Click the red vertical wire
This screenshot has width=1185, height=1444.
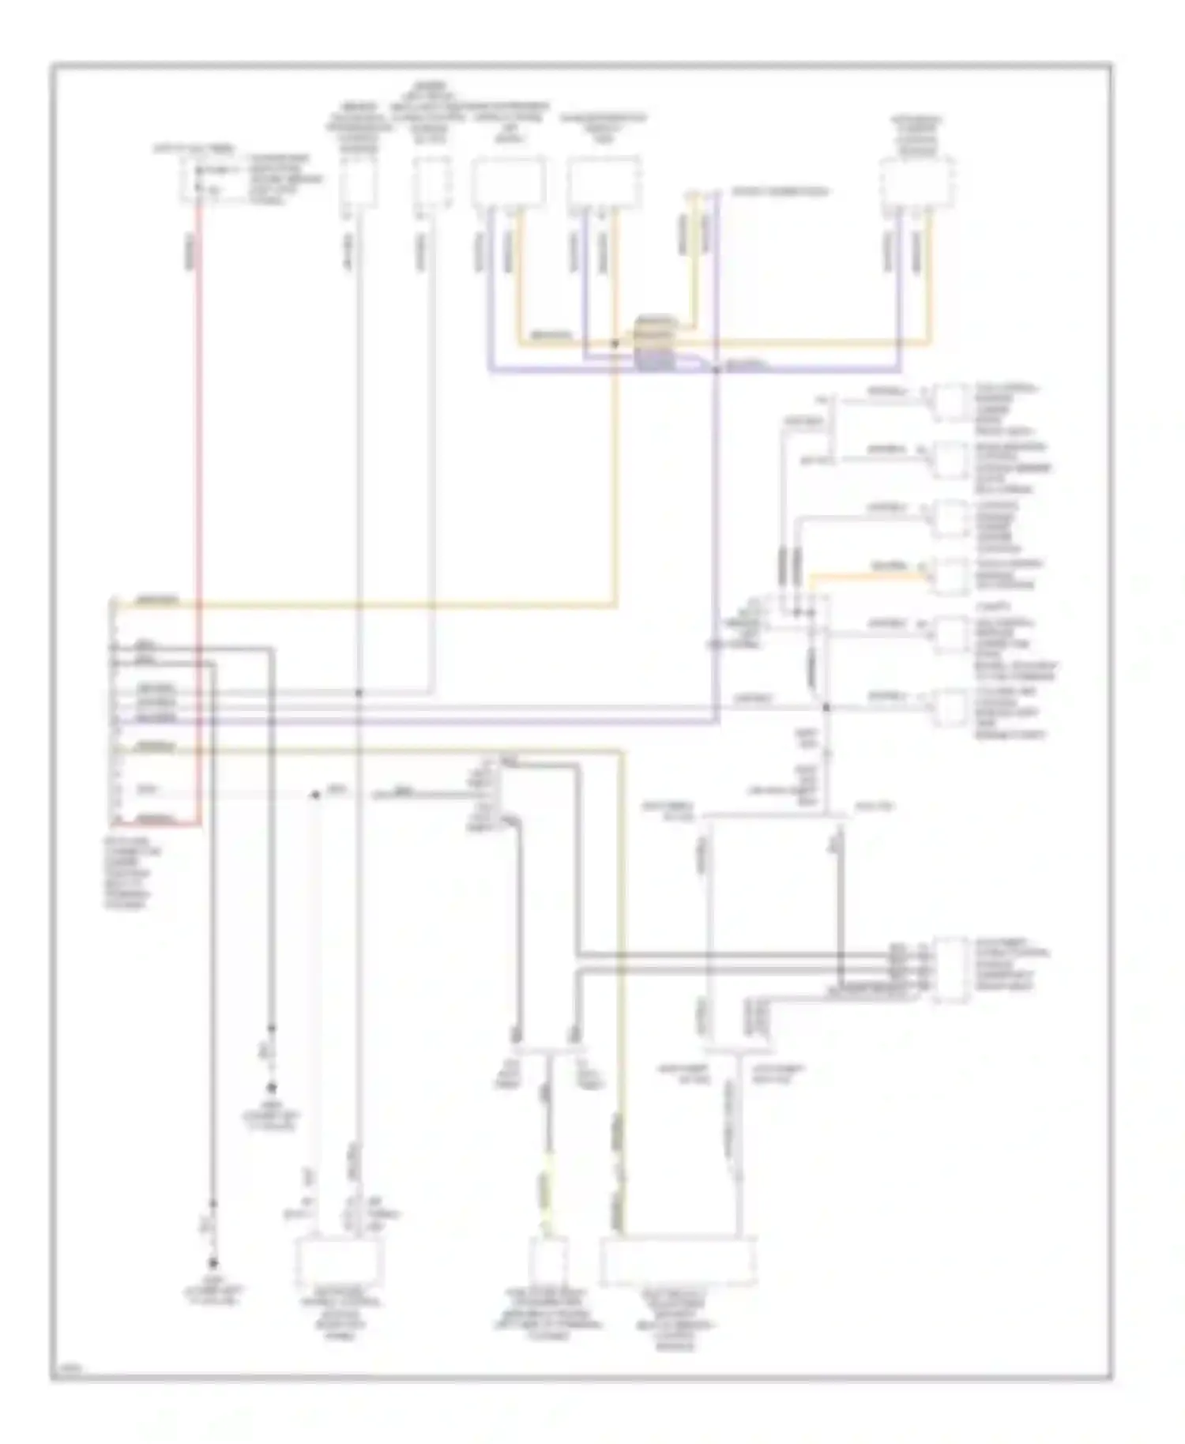pyautogui.click(x=198, y=513)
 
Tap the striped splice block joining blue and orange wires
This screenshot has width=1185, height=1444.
pyautogui.click(x=655, y=345)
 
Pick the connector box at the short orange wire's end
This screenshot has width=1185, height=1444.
pyautogui.click(x=950, y=575)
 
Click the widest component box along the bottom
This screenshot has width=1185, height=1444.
pyautogui.click(x=678, y=1261)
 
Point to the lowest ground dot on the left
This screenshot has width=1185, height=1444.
pyautogui.click(x=212, y=1263)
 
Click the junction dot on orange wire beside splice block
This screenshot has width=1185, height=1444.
pyautogui.click(x=615, y=344)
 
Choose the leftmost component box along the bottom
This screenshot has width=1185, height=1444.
pyautogui.click(x=339, y=1262)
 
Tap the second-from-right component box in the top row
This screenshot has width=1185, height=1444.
pyautogui.click(x=604, y=183)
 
